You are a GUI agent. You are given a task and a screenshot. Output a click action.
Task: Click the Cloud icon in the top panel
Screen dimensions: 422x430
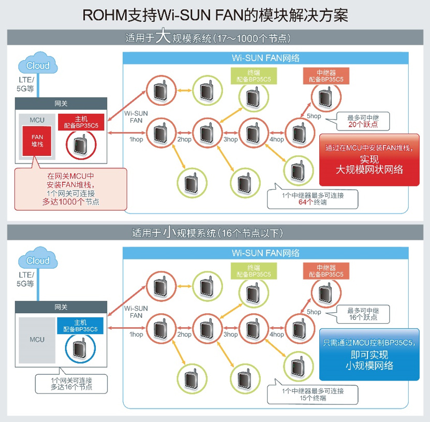click(38, 66)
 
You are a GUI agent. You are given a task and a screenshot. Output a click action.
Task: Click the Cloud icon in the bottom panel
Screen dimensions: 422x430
click(38, 260)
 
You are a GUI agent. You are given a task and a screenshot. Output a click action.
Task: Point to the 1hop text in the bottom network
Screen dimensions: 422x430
click(136, 334)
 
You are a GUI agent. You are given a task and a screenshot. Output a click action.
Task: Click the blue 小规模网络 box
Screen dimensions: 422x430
click(368, 354)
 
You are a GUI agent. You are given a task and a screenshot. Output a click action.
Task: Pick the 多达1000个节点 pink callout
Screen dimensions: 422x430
click(70, 188)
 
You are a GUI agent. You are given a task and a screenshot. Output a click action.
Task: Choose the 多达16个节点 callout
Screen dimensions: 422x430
click(71, 384)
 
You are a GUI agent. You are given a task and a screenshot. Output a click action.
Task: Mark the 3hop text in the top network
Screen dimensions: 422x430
click(230, 140)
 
